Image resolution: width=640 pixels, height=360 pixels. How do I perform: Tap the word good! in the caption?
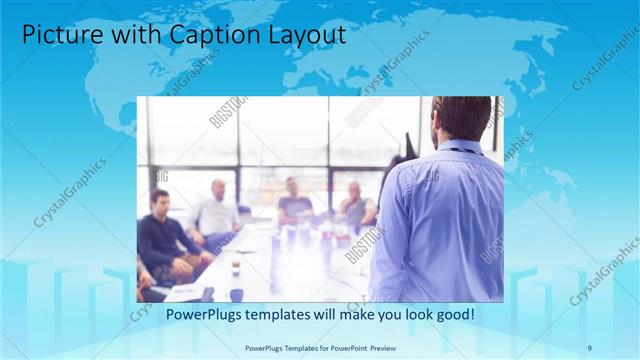tap(453, 315)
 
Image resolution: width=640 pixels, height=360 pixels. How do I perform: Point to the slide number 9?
tap(589, 347)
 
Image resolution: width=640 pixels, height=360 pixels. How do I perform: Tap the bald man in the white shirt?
tap(217, 210)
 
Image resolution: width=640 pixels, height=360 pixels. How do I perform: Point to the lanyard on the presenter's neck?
tap(459, 151)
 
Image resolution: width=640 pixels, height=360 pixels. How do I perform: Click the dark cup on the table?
tap(236, 294)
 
